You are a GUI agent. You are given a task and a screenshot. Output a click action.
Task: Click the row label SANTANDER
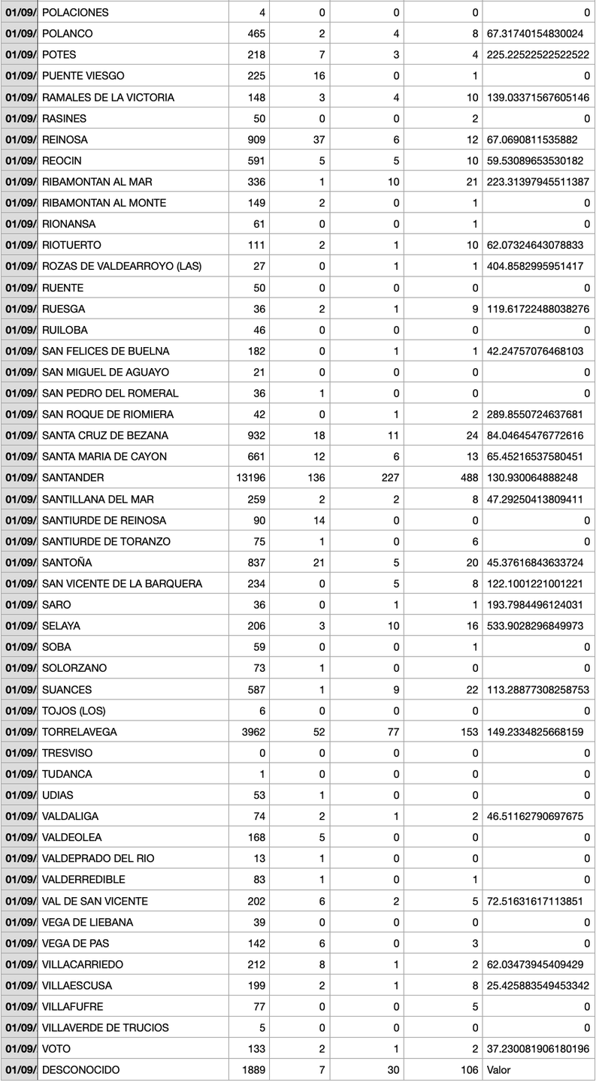pos(73,478)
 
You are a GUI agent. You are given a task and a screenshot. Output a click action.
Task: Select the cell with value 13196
pos(251,478)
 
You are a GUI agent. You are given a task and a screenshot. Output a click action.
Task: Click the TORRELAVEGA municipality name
pos(80,732)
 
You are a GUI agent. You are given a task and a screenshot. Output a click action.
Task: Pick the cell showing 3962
pos(253,732)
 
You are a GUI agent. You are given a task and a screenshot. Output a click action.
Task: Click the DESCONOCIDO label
pos(80,1069)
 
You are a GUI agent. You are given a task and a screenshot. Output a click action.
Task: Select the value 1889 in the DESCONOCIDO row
pos(253,1069)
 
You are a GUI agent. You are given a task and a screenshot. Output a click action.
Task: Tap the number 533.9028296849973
pos(538,626)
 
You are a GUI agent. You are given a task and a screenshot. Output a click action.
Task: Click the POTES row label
pos(59,55)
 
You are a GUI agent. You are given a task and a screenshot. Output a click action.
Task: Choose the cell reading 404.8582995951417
pos(538,266)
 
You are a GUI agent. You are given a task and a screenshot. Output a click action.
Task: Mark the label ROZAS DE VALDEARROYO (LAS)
pos(122,266)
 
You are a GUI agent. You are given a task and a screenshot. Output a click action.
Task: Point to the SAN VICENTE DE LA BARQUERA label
pos(122,584)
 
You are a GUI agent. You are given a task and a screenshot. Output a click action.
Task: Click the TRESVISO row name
pos(68,753)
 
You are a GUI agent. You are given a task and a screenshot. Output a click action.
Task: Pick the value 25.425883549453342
pos(538,985)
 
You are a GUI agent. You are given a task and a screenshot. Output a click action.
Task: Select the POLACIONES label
pos(75,13)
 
